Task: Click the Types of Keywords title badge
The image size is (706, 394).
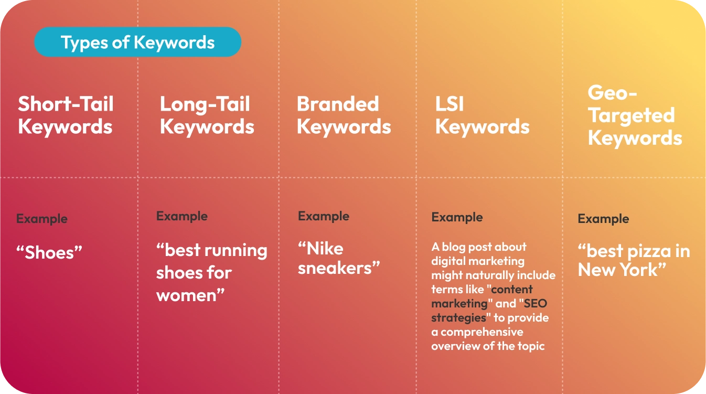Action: click(x=137, y=42)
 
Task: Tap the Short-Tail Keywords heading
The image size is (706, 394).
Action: click(x=66, y=115)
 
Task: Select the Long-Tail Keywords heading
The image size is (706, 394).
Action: click(x=207, y=115)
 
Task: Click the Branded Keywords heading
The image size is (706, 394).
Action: click(x=344, y=115)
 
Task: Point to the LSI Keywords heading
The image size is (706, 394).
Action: click(x=482, y=115)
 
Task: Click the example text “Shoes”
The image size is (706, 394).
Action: click(x=49, y=253)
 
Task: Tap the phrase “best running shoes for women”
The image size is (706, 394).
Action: click(x=211, y=273)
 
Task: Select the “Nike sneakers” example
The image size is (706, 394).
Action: click(x=338, y=258)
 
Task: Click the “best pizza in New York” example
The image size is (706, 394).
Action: click(x=634, y=261)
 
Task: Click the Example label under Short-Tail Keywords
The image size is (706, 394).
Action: click(x=41, y=219)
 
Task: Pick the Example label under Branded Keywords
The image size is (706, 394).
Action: click(x=323, y=216)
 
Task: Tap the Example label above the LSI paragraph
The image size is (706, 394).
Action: click(x=457, y=217)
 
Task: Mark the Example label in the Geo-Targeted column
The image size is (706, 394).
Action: click(x=603, y=219)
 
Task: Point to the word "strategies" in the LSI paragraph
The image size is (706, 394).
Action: click(x=452, y=318)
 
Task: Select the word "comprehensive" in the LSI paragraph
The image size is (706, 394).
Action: click(x=482, y=332)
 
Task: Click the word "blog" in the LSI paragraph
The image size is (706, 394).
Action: click(x=454, y=247)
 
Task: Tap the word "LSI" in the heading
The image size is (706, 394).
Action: click(x=450, y=104)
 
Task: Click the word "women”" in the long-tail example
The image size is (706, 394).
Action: click(x=190, y=295)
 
